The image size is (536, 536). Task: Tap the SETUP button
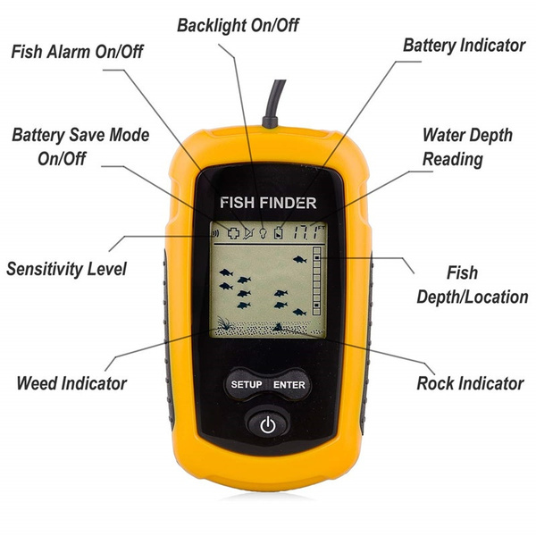[x=247, y=384]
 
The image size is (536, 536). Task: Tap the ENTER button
[x=289, y=384]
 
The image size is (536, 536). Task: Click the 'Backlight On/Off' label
[x=238, y=26]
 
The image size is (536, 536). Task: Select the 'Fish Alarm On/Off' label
[x=77, y=52]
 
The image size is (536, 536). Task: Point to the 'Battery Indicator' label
[x=464, y=46]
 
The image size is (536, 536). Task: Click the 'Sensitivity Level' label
[x=66, y=269]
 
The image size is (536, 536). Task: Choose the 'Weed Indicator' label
[x=71, y=383]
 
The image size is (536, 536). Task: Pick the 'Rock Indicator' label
[x=470, y=383]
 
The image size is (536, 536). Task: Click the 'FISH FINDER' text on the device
[x=268, y=203]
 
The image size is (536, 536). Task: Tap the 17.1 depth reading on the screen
[x=306, y=232]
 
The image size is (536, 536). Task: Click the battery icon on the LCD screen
[x=279, y=232]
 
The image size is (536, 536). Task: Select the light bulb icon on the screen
[x=263, y=233]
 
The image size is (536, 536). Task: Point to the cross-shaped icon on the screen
[x=233, y=233]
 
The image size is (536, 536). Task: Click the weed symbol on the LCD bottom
[x=224, y=323]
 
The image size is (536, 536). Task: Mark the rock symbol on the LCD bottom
[x=278, y=327]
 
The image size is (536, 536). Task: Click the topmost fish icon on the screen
[x=299, y=260]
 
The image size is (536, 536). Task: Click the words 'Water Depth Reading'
[x=467, y=147]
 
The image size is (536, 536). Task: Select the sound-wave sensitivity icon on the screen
[x=215, y=234]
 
